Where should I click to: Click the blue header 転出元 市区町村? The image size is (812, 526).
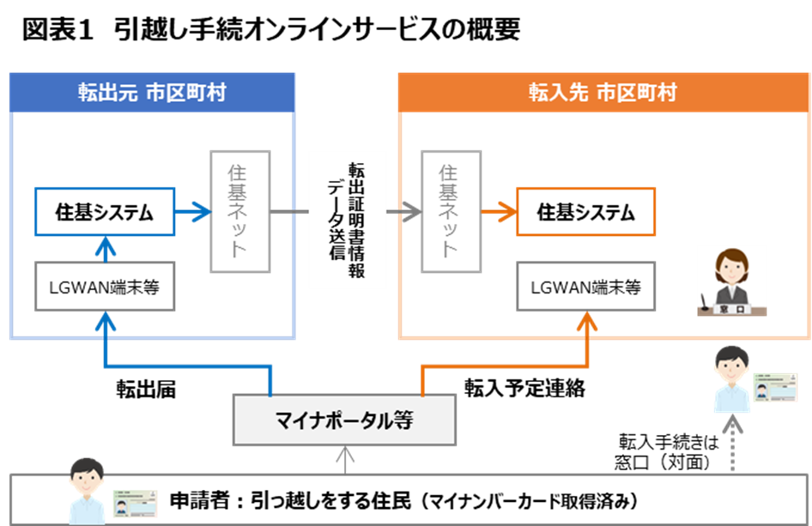pos(151,93)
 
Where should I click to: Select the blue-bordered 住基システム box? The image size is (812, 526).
pos(104,211)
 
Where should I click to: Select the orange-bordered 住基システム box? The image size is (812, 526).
pos(585,211)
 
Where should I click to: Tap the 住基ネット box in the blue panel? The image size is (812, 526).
pos(239,210)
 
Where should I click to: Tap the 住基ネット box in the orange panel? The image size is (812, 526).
pos(448,210)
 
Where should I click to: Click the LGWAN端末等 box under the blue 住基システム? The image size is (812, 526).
pos(104,287)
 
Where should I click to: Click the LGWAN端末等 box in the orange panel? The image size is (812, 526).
pos(585,287)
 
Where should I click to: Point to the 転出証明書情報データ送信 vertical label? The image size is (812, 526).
pos(347,219)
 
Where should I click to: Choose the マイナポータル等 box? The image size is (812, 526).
pos(344,420)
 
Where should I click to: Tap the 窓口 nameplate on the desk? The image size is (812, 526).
pos(731,306)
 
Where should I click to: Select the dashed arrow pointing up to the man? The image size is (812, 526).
pos(732,442)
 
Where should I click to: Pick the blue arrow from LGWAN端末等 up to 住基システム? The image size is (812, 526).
pos(104,249)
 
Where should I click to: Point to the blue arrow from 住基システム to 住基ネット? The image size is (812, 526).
pos(192,211)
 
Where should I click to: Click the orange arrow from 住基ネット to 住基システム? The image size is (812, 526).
pos(498,211)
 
